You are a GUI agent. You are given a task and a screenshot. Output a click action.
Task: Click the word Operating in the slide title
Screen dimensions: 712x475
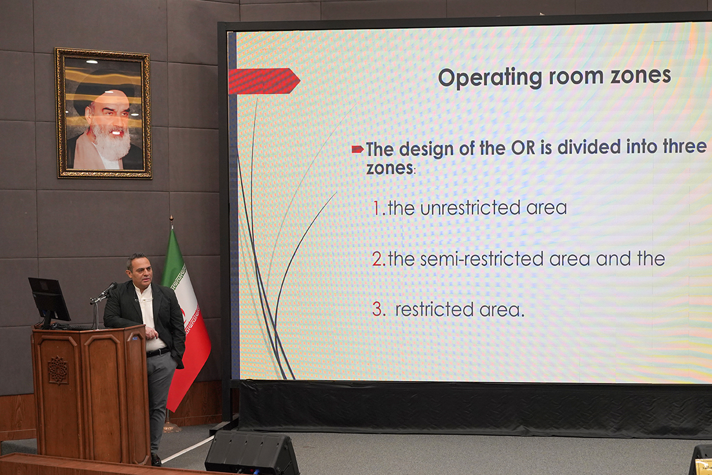pyautogui.click(x=490, y=77)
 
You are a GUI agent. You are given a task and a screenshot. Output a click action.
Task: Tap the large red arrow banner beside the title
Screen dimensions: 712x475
pyautogui.click(x=264, y=81)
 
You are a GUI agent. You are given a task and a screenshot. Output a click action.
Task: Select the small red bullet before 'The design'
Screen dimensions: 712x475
pyautogui.click(x=357, y=149)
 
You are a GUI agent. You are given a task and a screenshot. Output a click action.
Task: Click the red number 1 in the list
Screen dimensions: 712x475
pyautogui.click(x=377, y=208)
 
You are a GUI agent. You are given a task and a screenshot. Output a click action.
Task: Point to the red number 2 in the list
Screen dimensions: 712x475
pyautogui.click(x=377, y=259)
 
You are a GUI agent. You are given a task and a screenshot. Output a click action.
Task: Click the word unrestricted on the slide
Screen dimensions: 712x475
pyautogui.click(x=470, y=208)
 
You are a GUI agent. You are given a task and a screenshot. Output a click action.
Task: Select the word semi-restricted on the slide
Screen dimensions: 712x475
pyautogui.click(x=482, y=259)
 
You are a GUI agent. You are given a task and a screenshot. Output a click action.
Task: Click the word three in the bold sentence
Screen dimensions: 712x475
pyautogui.click(x=684, y=147)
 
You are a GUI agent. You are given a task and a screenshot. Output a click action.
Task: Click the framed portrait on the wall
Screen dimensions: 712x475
pyautogui.click(x=103, y=113)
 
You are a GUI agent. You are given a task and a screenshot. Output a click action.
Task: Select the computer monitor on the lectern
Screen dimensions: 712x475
pyautogui.click(x=49, y=300)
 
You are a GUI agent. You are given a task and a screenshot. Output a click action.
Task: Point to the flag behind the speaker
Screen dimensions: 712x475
pyautogui.click(x=186, y=319)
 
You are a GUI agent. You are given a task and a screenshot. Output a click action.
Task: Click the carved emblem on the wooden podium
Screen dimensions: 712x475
pyautogui.click(x=58, y=370)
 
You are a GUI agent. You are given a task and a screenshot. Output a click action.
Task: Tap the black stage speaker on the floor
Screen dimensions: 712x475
pyautogui.click(x=252, y=452)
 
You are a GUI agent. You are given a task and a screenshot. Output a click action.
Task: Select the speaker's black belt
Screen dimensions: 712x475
pyautogui.click(x=158, y=352)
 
